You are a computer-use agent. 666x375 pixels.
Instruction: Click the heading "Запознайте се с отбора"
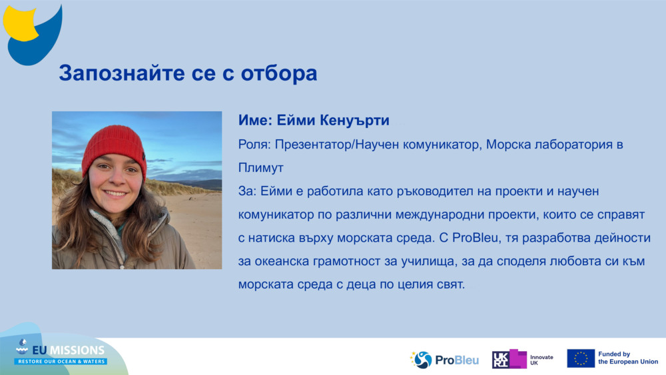[188, 73]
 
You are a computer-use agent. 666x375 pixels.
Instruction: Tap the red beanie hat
[114, 147]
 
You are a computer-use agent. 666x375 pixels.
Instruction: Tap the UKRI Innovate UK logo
[522, 360]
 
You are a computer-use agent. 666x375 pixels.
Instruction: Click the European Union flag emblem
[581, 358]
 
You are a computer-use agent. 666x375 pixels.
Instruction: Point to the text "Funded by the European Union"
[627, 358]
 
